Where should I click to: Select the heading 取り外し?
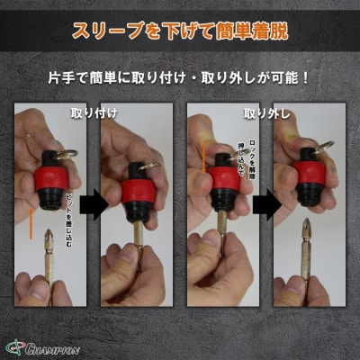(x=262, y=114)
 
